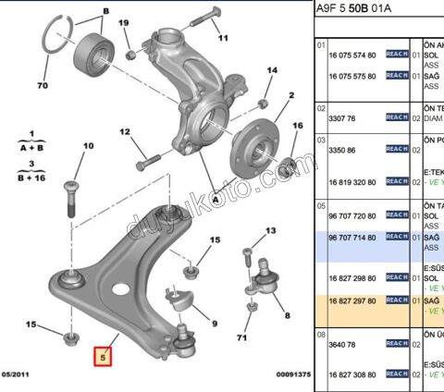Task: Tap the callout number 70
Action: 42,87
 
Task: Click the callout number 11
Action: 222,40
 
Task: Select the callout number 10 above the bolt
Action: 89,146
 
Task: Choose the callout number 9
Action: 214,323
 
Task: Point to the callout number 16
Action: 298,125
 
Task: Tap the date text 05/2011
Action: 17,374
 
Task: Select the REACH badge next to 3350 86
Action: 397,148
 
